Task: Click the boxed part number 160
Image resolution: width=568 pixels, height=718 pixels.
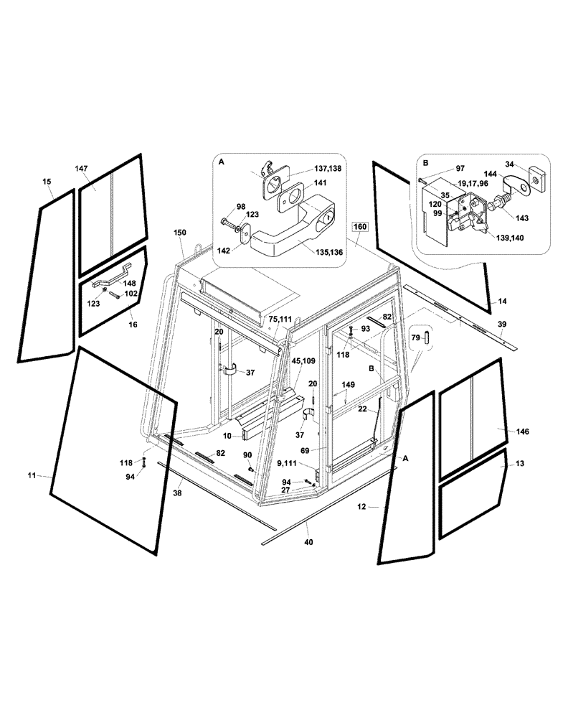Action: (360, 227)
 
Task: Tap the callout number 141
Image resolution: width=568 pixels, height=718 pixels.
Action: (320, 184)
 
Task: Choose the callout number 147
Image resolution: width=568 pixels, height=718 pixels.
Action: (81, 168)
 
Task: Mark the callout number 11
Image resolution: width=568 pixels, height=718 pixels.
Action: (31, 475)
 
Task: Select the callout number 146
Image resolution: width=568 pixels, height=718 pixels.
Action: (522, 432)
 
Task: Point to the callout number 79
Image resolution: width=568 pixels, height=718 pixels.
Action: (415, 337)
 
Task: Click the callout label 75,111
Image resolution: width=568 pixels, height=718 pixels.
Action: (280, 318)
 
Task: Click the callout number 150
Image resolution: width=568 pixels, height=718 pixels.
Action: (179, 233)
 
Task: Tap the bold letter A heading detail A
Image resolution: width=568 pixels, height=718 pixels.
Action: (221, 164)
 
